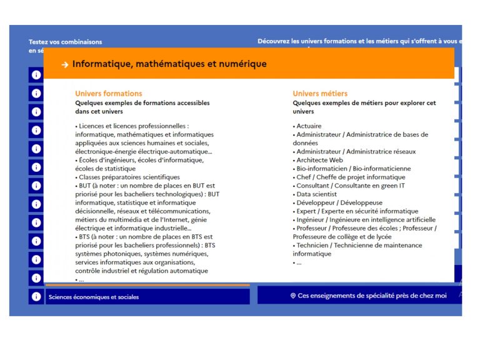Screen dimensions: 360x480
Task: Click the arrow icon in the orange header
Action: pos(65,64)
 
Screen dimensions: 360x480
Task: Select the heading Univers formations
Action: pos(108,94)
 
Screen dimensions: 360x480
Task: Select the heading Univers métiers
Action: pos(320,94)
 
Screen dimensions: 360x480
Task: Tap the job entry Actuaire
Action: pos(309,126)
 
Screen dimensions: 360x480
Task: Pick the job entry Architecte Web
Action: pos(319,160)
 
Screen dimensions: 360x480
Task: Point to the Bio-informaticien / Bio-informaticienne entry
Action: pos(353,169)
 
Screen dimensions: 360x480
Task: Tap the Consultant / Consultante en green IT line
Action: pos(350,186)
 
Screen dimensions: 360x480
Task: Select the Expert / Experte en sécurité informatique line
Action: pos(357,211)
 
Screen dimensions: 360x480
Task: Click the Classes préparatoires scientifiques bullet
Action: pos(128,177)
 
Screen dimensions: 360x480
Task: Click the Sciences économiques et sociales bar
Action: pos(147,297)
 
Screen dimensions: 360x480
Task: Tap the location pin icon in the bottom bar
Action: pos(293,296)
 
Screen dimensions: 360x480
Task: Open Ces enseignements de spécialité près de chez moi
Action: pos(372,296)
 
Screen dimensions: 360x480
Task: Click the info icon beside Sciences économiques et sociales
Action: pos(36,297)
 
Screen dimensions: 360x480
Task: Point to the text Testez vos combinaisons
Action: pos(65,42)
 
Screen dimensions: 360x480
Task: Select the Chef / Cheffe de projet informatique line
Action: pos(351,177)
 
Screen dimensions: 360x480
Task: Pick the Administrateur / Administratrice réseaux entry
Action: pos(356,151)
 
